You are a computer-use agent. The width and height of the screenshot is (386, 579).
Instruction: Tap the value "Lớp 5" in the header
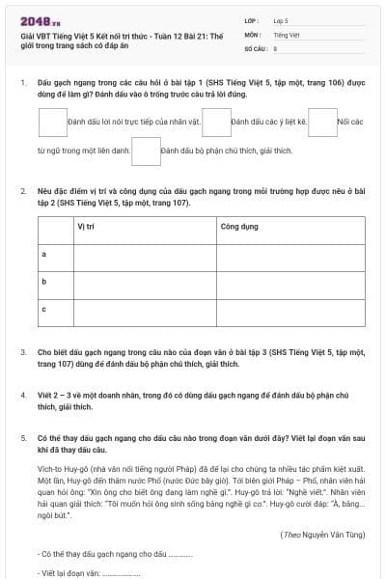click(x=281, y=20)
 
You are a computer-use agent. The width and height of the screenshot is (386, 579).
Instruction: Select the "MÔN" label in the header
click(x=252, y=34)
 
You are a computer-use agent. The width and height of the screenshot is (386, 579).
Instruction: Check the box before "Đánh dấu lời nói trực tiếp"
click(x=53, y=123)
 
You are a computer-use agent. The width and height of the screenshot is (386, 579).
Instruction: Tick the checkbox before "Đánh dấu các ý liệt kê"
click(x=218, y=123)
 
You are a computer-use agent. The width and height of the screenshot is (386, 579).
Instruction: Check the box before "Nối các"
click(x=323, y=123)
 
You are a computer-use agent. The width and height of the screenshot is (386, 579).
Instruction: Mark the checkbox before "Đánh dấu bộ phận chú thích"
click(x=146, y=152)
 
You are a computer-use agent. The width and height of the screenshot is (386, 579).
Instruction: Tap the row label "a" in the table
click(x=44, y=253)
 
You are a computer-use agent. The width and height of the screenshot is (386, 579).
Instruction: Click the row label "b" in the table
click(x=44, y=281)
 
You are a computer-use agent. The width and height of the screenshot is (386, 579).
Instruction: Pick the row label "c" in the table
click(x=44, y=309)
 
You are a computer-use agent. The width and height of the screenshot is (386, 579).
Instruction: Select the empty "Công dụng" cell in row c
click(x=289, y=309)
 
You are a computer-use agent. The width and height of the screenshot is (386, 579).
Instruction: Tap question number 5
click(x=23, y=437)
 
